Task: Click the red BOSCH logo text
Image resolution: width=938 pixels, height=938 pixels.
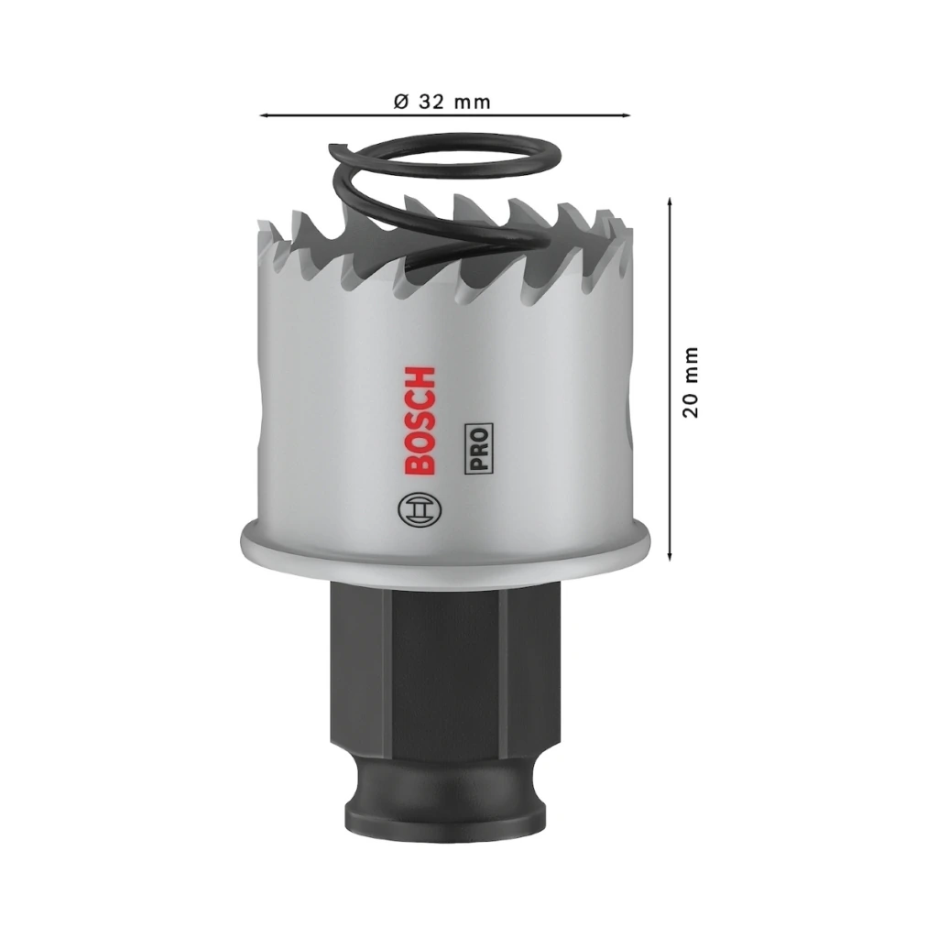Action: click(x=420, y=421)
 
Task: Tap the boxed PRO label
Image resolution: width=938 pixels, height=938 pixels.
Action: click(x=478, y=448)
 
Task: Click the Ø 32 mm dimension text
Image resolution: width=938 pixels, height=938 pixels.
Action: click(x=442, y=102)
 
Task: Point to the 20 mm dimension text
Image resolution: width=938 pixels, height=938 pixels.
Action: click(x=690, y=382)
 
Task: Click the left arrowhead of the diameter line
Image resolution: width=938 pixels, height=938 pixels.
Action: click(x=264, y=115)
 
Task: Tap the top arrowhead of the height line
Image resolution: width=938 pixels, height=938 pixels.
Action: click(x=670, y=202)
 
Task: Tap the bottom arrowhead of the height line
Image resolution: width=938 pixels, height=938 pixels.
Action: click(x=670, y=556)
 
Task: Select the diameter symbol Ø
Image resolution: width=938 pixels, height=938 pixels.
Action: click(x=401, y=102)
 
